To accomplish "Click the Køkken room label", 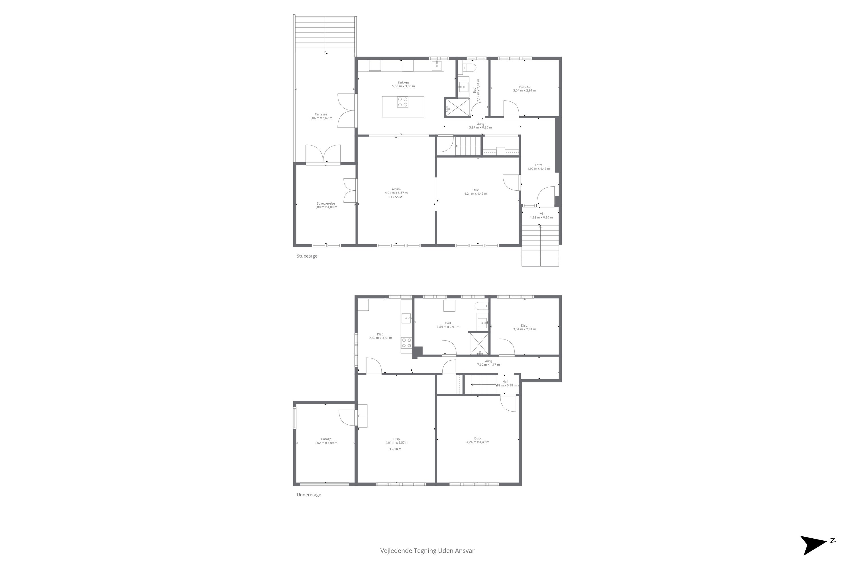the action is pyautogui.click(x=403, y=83).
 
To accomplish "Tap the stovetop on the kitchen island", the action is pyautogui.click(x=402, y=102).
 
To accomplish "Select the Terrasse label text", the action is pyautogui.click(x=321, y=115).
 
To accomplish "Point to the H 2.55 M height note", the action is pyautogui.click(x=396, y=197).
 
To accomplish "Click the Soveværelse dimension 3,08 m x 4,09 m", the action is pyautogui.click(x=326, y=207).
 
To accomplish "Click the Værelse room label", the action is pyautogui.click(x=525, y=87).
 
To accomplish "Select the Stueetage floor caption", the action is pyautogui.click(x=307, y=256).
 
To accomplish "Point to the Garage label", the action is pyautogui.click(x=326, y=439).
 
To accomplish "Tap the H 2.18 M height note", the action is pyautogui.click(x=395, y=449).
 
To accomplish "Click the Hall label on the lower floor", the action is pyautogui.click(x=505, y=382).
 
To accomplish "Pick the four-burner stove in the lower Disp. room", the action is pyautogui.click(x=406, y=343).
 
